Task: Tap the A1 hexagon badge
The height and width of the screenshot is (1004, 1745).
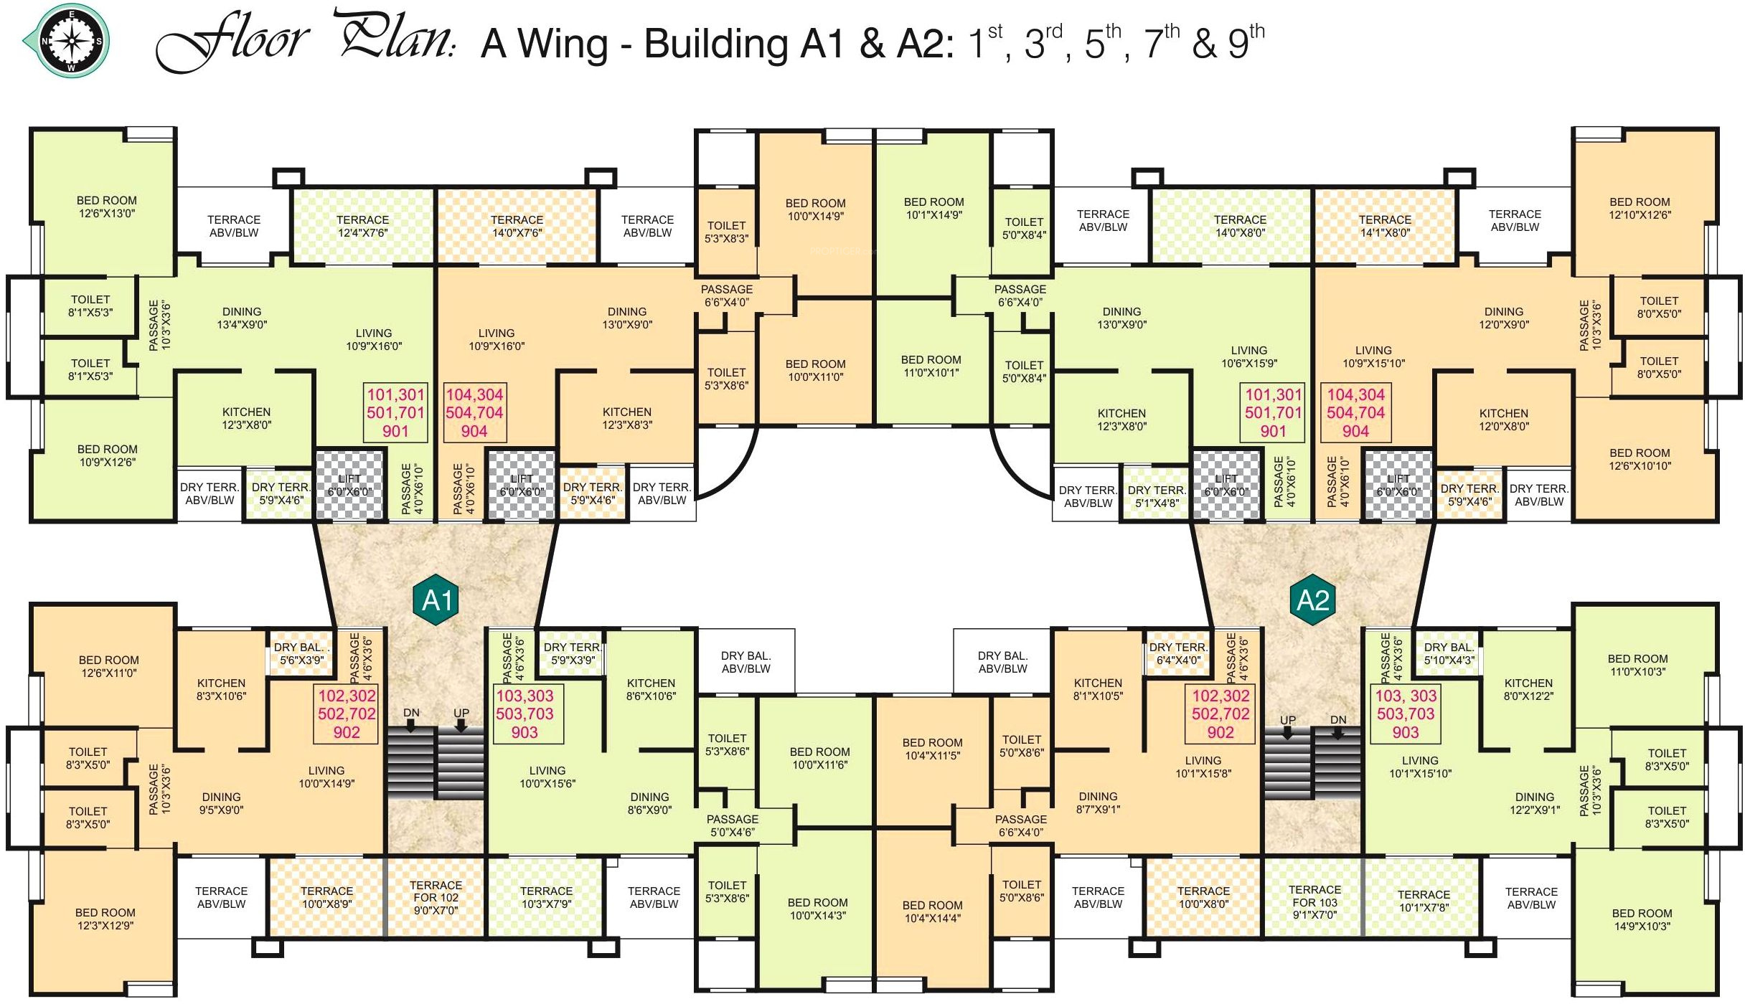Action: [437, 600]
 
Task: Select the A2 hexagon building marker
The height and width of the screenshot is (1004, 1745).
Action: [1312, 600]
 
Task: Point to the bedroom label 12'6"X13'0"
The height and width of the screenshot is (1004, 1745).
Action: [107, 207]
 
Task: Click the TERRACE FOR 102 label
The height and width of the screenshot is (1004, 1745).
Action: [436, 898]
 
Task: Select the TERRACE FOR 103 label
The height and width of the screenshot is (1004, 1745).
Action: [1314, 902]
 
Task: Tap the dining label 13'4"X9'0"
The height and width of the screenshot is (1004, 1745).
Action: [242, 318]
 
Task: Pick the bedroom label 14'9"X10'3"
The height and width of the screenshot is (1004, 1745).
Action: [1642, 919]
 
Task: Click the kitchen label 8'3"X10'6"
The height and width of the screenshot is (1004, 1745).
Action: [221, 689]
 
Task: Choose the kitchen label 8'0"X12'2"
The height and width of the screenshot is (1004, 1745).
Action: [1528, 689]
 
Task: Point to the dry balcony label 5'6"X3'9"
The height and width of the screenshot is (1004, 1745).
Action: [301, 653]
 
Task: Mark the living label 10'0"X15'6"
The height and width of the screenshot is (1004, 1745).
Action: [547, 777]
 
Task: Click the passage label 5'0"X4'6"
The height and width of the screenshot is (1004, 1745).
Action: [732, 825]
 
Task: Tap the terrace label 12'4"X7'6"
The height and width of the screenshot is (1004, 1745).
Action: [362, 226]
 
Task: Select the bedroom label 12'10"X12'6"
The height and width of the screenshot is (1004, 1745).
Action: [1640, 209]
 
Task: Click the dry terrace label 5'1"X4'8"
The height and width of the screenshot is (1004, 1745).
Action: [1157, 496]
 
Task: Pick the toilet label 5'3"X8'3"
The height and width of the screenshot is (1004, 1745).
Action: [726, 232]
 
